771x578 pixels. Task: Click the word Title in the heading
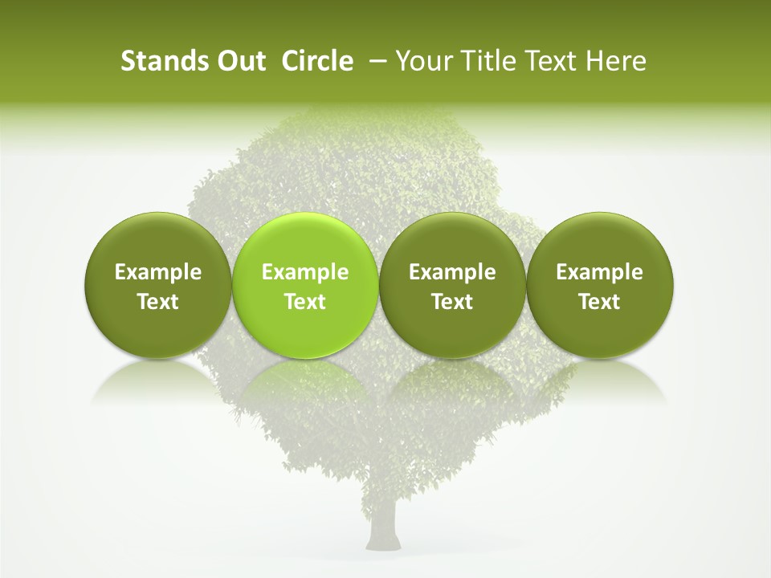coord(483,61)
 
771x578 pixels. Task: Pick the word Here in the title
coord(616,61)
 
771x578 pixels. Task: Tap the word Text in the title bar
coord(549,61)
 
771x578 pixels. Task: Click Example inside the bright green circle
coord(304,272)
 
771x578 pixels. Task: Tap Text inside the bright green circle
coord(304,302)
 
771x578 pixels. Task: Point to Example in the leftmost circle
coord(157,272)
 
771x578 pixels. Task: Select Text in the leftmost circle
coord(157,302)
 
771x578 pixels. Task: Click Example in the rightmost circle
coord(599,272)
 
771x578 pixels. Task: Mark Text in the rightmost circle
coord(599,302)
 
